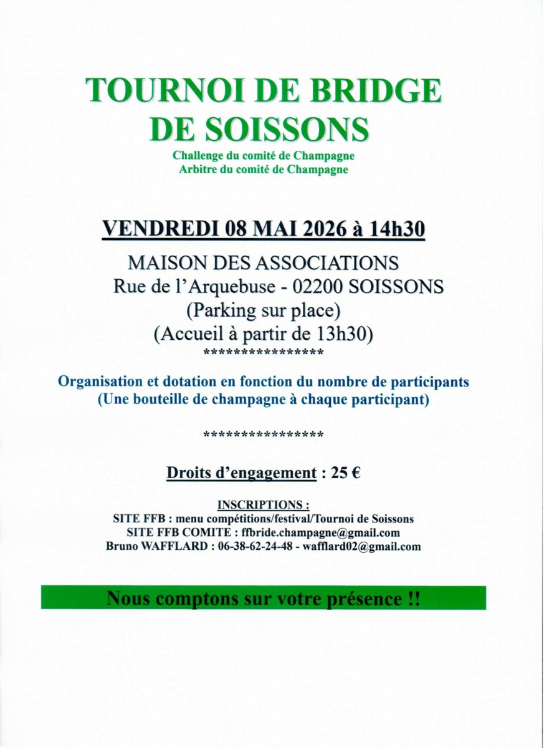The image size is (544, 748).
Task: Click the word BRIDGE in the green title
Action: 375,90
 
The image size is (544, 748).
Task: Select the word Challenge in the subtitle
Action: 200,156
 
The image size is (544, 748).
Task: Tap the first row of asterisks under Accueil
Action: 264,353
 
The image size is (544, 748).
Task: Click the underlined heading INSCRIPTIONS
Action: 263,505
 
